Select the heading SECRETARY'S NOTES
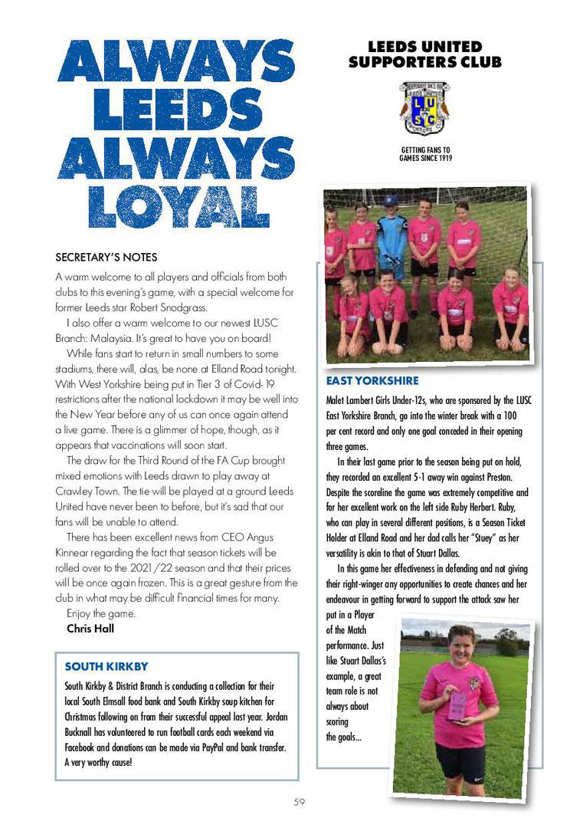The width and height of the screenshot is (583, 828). click(106, 257)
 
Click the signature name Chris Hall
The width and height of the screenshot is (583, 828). click(89, 629)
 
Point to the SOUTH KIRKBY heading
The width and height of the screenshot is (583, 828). click(106, 666)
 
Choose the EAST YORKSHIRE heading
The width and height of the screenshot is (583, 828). click(372, 381)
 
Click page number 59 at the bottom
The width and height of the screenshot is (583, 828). click(300, 802)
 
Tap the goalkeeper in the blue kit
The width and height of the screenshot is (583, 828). click(393, 238)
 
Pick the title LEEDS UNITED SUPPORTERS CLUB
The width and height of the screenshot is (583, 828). click(425, 54)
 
